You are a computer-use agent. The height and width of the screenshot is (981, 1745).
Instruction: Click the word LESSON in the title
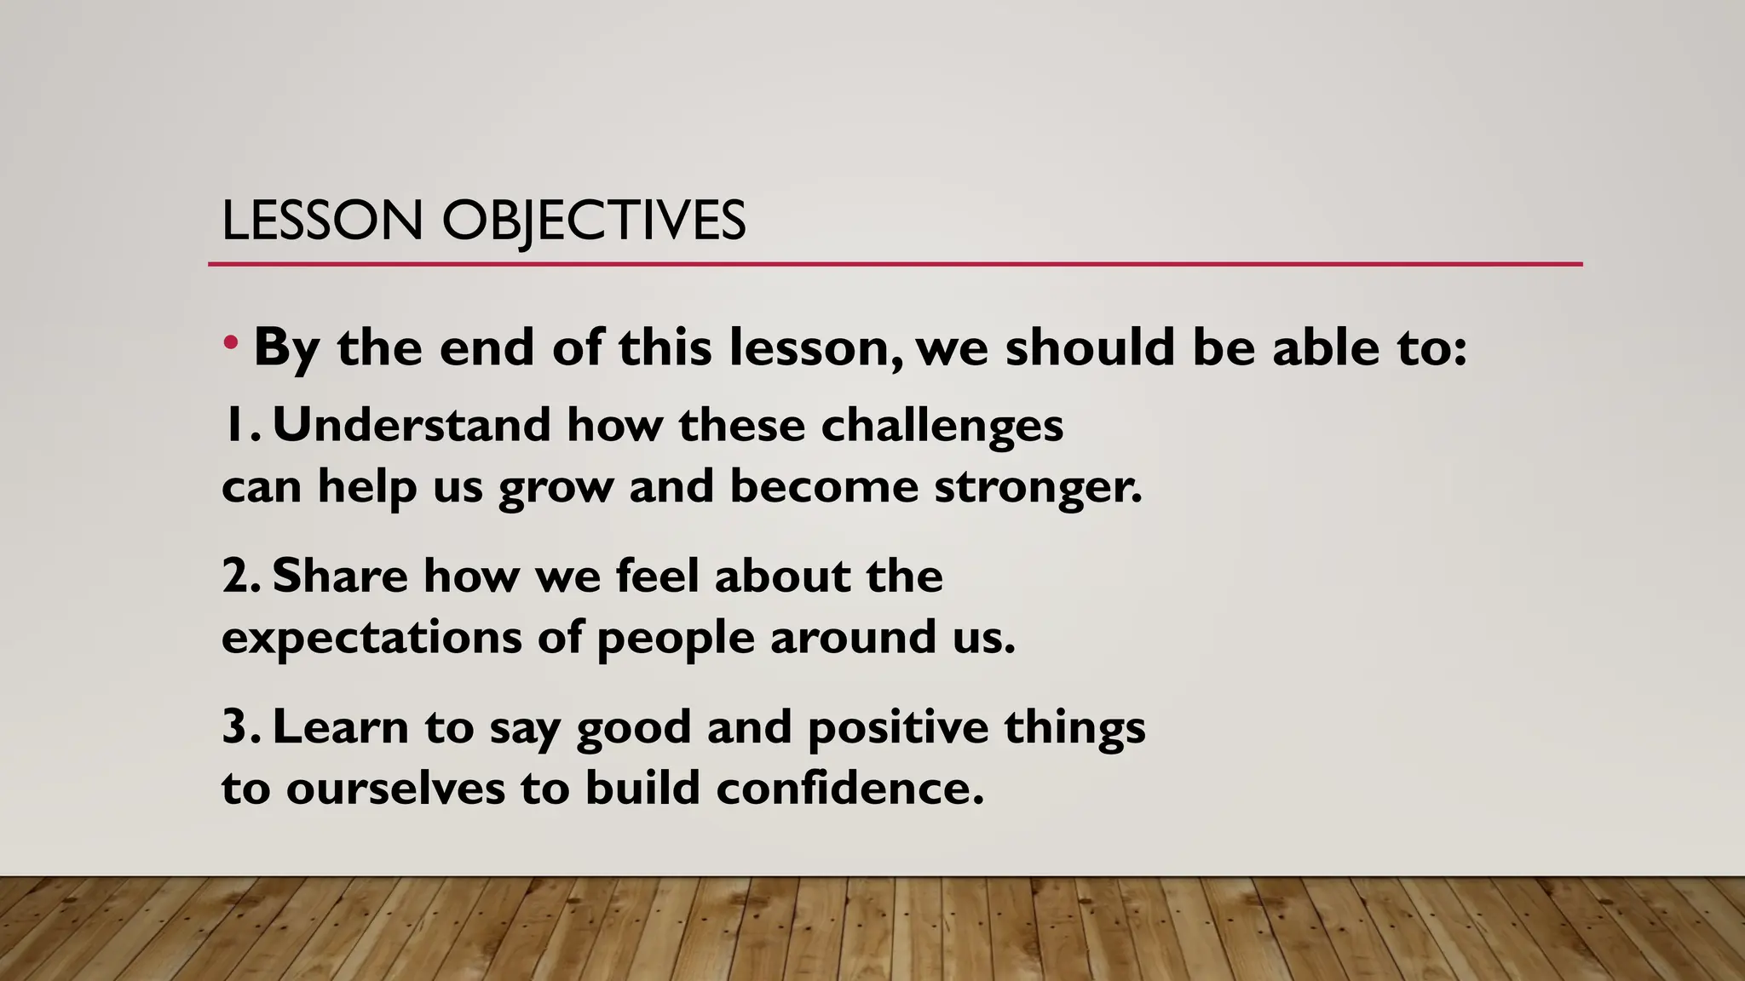[x=322, y=221]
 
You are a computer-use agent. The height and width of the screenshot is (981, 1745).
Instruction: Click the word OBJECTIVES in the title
[x=593, y=221]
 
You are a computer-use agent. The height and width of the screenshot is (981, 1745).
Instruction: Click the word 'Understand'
[x=411, y=425]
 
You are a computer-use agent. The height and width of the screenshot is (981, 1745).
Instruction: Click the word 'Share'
[x=340, y=577]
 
